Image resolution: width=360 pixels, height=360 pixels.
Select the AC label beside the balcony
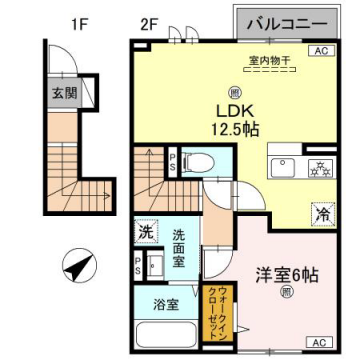tap(322, 50)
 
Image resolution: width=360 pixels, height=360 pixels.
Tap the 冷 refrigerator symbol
tap(323, 212)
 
